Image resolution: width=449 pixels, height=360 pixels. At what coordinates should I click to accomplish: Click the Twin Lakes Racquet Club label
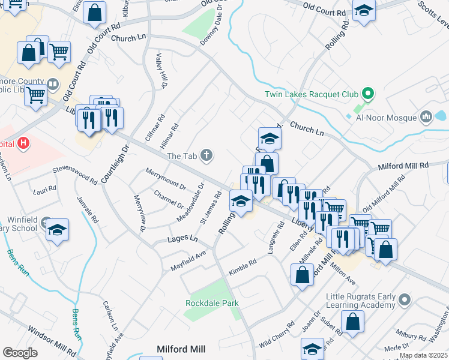(x=312, y=94)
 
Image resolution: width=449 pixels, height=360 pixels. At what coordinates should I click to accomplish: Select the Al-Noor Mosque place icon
(x=427, y=115)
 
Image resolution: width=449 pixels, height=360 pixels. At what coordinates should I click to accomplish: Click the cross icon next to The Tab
(x=206, y=156)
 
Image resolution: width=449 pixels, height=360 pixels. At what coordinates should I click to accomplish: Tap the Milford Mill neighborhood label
(x=181, y=349)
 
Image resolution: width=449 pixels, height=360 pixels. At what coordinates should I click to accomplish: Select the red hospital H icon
(x=23, y=144)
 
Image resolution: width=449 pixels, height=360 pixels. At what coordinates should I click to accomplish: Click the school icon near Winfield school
(x=58, y=230)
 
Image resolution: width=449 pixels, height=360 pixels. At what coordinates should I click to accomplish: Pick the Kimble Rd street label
(x=243, y=266)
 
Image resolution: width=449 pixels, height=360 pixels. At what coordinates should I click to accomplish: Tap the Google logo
(x=20, y=353)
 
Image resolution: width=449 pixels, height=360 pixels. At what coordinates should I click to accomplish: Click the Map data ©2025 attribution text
(x=423, y=355)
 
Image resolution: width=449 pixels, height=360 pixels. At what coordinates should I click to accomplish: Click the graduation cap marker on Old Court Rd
(x=363, y=11)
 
